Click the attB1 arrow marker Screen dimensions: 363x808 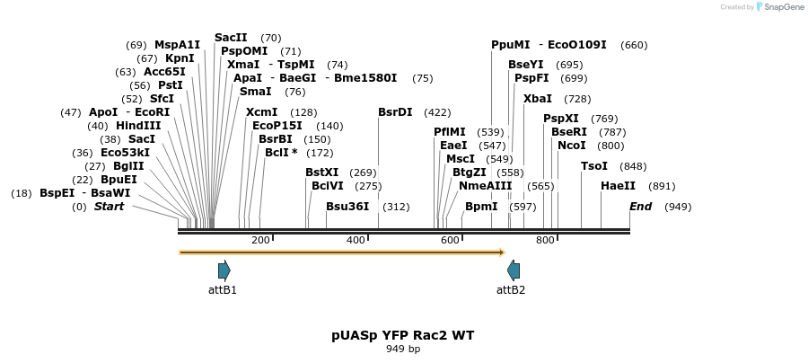(x=224, y=270)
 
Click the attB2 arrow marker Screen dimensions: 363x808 (x=514, y=270)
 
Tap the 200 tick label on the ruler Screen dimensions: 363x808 (x=260, y=240)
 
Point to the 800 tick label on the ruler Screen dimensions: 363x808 (x=545, y=240)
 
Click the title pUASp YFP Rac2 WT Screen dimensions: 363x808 (x=403, y=335)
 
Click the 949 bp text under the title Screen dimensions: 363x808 (x=403, y=349)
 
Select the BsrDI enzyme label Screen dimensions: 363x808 (x=395, y=112)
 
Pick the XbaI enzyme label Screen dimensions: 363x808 (x=538, y=98)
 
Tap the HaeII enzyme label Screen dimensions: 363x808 (x=619, y=185)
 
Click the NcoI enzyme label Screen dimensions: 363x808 (x=572, y=145)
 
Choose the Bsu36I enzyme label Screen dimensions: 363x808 (x=347, y=206)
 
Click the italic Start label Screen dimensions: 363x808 (x=110, y=206)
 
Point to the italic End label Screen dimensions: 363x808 (x=640, y=206)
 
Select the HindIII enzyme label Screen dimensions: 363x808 (x=138, y=125)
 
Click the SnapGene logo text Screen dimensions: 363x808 (x=784, y=7)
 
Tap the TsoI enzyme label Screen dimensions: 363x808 (x=594, y=165)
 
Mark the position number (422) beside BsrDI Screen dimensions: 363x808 (x=437, y=112)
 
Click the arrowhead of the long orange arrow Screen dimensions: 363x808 (x=502, y=252)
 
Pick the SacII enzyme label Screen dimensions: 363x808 (x=231, y=37)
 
